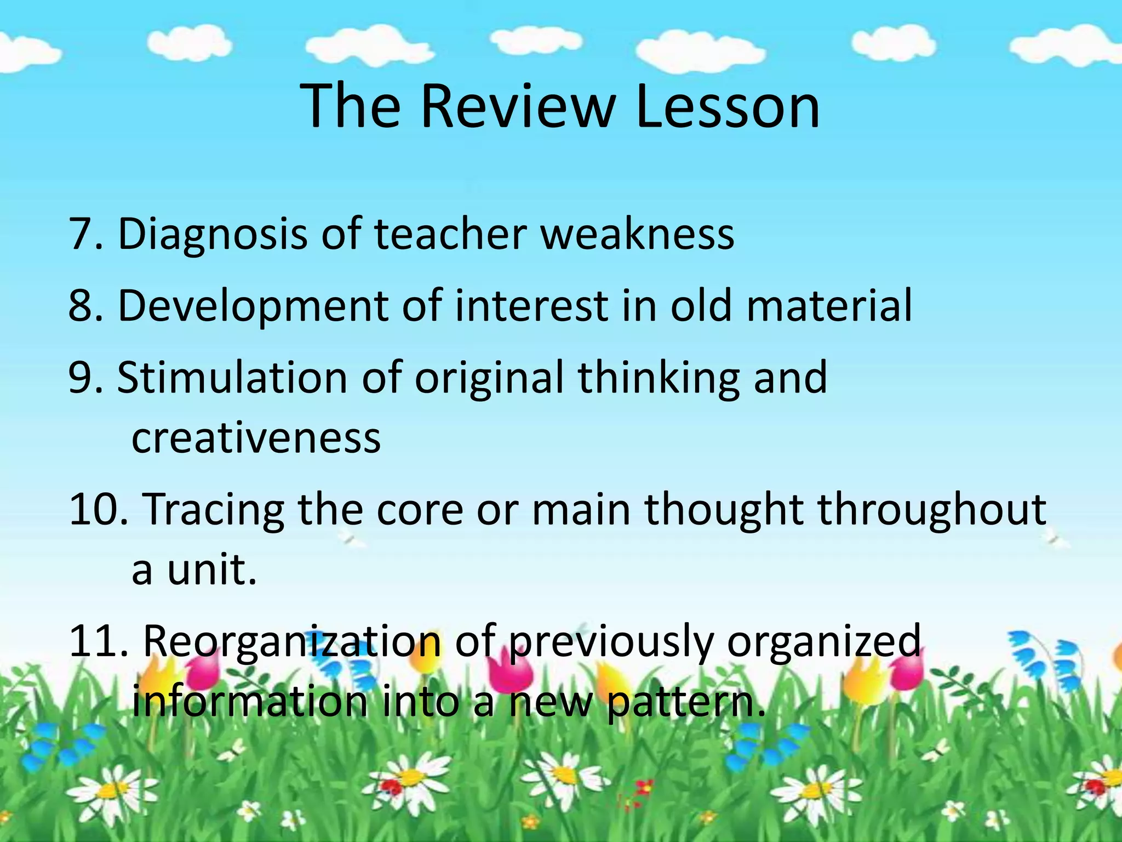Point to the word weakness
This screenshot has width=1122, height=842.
point(638,234)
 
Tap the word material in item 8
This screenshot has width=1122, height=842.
point(829,305)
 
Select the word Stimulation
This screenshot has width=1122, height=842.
point(232,378)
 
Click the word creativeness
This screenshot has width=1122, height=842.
point(256,438)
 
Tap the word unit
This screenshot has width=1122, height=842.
point(211,570)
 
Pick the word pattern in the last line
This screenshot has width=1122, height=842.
point(685,703)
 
